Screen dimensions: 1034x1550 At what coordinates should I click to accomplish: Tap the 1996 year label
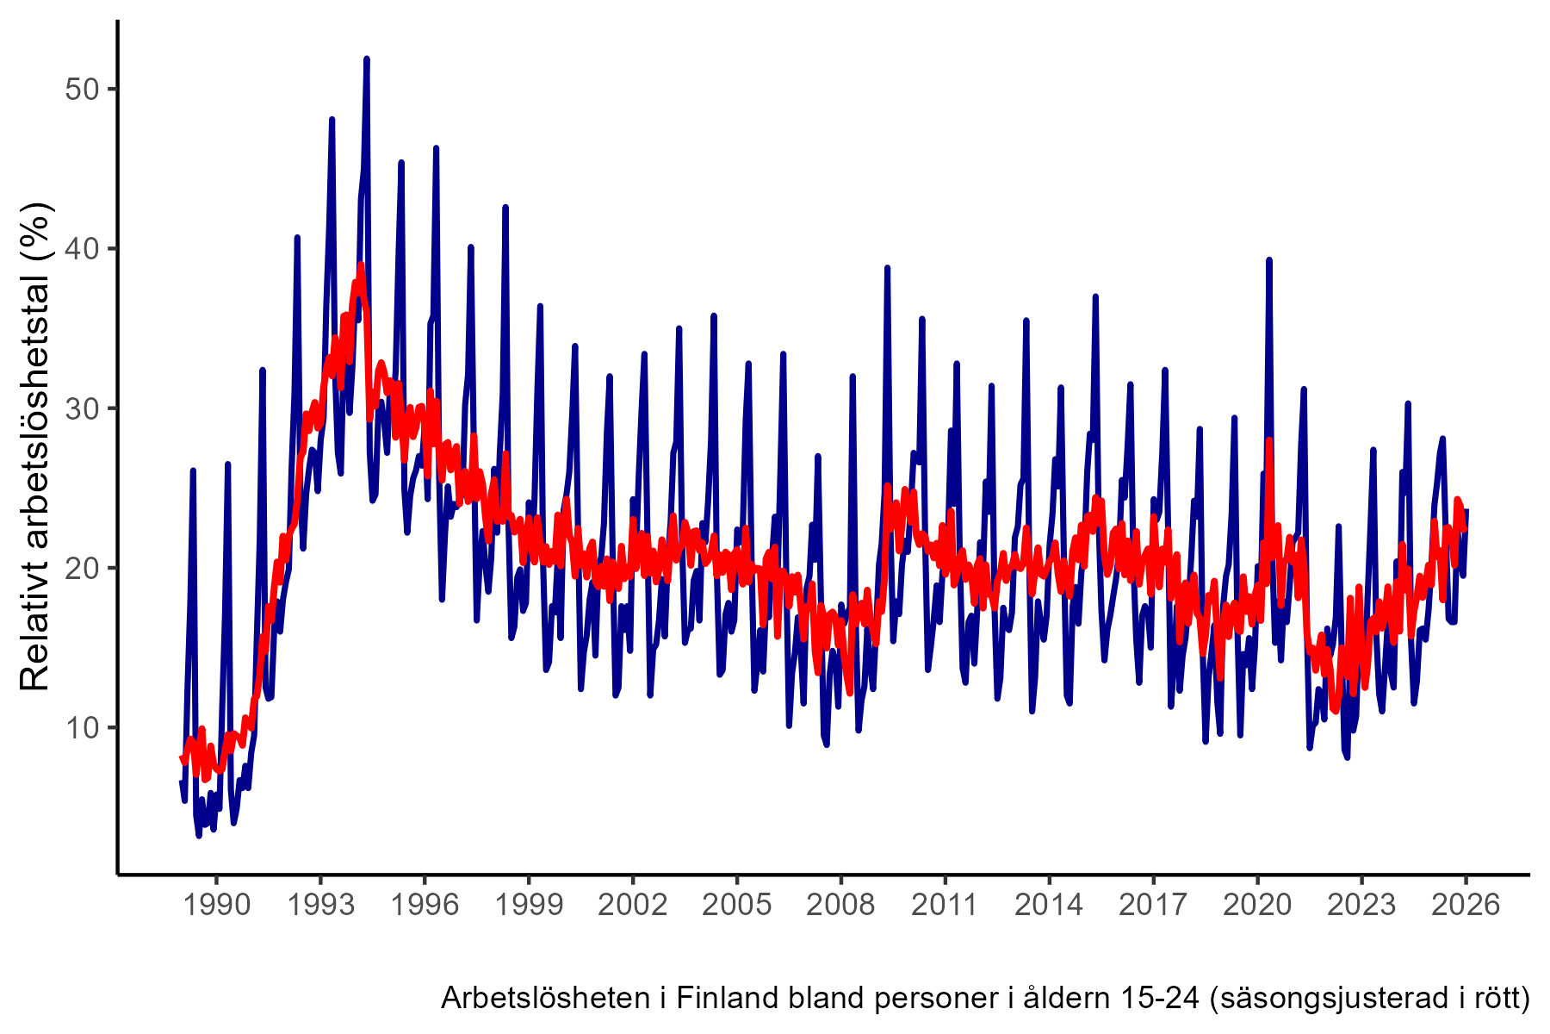point(424,905)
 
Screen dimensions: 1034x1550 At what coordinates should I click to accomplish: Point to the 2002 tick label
point(632,905)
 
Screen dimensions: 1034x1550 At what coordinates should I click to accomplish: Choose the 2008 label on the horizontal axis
point(840,905)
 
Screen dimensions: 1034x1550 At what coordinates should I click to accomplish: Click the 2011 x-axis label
point(945,905)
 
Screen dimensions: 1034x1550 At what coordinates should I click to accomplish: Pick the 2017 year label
point(1153,905)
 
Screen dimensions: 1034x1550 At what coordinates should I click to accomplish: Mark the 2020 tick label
point(1257,905)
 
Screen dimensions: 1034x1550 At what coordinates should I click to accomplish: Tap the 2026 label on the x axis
point(1466,905)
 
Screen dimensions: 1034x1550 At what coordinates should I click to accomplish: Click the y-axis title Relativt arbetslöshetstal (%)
point(36,446)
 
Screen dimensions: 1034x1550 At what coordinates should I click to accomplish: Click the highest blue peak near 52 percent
point(367,59)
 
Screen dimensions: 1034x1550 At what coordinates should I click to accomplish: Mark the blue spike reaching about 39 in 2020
point(1269,260)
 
